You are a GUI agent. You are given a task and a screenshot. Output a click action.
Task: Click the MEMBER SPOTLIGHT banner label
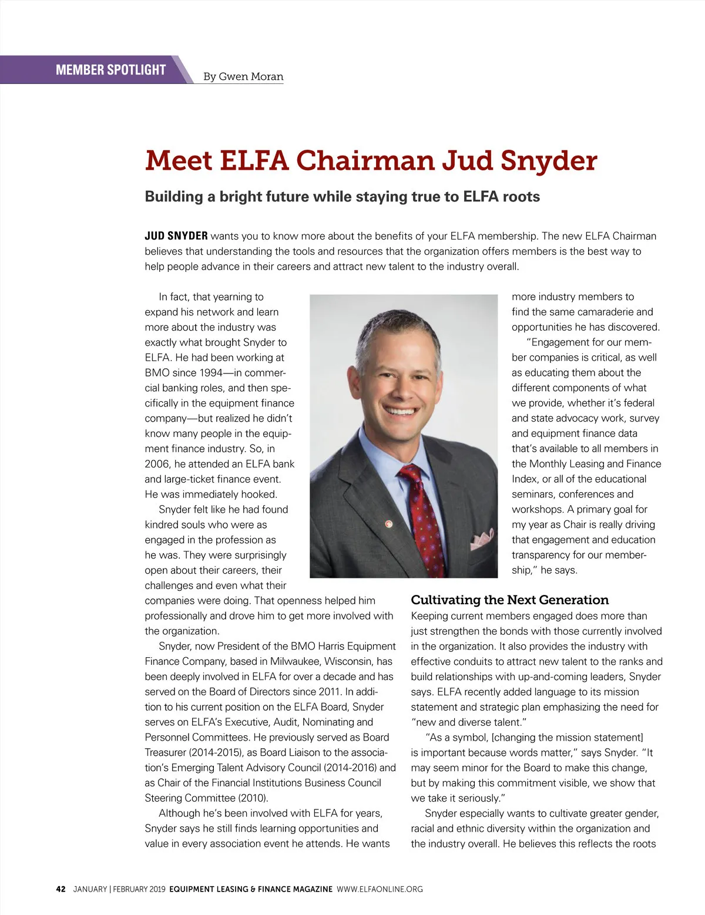tap(110, 70)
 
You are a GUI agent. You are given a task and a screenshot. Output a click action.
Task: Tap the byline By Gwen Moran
tap(243, 76)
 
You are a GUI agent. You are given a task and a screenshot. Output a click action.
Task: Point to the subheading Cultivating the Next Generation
tap(509, 600)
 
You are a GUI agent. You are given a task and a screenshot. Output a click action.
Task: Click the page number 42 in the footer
tap(61, 889)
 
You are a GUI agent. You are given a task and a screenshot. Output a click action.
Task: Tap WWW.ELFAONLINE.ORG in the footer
tap(380, 889)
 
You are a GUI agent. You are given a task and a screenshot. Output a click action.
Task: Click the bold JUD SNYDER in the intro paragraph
tap(176, 236)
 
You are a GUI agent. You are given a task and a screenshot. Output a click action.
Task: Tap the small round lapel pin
tap(388, 522)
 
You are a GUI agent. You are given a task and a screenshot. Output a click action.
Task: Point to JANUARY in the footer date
tap(90, 889)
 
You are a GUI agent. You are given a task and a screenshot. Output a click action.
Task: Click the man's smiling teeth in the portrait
tap(399, 411)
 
